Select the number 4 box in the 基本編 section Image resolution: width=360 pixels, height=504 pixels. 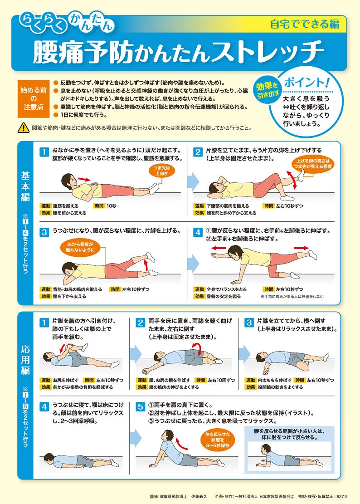tap(198, 232)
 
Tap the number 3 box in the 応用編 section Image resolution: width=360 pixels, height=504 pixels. tap(249, 323)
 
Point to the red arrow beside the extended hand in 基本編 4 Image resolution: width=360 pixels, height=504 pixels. tap(219, 248)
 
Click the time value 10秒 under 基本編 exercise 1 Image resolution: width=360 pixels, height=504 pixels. tap(112, 206)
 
